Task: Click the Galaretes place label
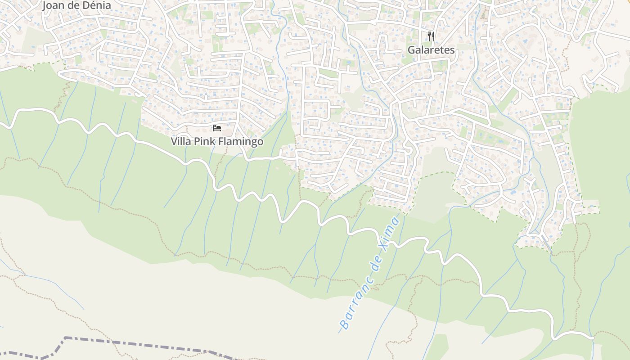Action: tap(431, 50)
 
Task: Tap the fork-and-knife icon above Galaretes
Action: tap(431, 36)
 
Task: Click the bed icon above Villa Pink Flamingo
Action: tap(217, 128)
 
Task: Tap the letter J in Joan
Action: tap(45, 5)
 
